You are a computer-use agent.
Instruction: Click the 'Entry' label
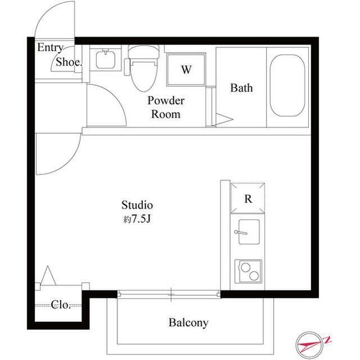click(50, 48)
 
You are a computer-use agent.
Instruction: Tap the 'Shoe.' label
click(69, 63)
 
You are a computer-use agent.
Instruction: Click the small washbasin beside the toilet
click(103, 58)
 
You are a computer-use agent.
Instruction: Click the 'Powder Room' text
click(166, 107)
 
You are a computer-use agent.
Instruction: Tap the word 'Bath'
click(241, 88)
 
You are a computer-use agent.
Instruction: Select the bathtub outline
click(287, 84)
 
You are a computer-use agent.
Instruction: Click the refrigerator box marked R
click(247, 199)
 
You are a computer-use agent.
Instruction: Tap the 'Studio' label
click(137, 205)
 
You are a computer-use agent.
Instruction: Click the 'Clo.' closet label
click(61, 305)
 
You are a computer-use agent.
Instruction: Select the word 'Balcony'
click(188, 323)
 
